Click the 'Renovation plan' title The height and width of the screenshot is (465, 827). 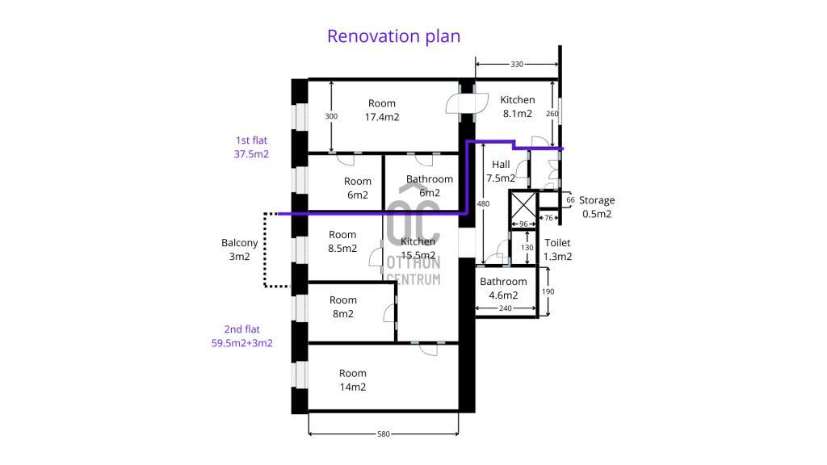(x=393, y=36)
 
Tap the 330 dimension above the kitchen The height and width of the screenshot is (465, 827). (x=517, y=65)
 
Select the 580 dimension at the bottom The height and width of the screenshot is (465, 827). (x=384, y=434)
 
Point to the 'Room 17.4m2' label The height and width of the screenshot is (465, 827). (x=382, y=110)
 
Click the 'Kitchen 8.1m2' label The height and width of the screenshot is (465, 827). (x=518, y=107)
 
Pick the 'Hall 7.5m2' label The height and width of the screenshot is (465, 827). (x=501, y=171)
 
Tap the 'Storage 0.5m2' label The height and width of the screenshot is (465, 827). (x=597, y=207)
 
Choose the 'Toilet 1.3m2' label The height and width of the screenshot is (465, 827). (x=557, y=249)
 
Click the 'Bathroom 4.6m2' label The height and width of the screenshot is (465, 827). (x=503, y=288)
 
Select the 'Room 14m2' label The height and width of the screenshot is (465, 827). (x=352, y=379)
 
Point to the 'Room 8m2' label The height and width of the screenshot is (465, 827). (x=342, y=307)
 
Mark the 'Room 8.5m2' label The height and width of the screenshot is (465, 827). (x=342, y=241)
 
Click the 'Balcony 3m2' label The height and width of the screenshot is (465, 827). (x=239, y=249)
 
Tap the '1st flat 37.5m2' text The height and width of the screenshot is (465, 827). (x=252, y=147)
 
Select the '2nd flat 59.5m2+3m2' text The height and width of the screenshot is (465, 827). (x=242, y=336)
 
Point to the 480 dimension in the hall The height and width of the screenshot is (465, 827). (x=483, y=203)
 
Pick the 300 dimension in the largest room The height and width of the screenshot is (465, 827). (x=331, y=116)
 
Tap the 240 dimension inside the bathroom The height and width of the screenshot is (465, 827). (x=506, y=308)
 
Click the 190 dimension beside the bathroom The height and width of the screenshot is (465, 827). (x=548, y=291)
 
